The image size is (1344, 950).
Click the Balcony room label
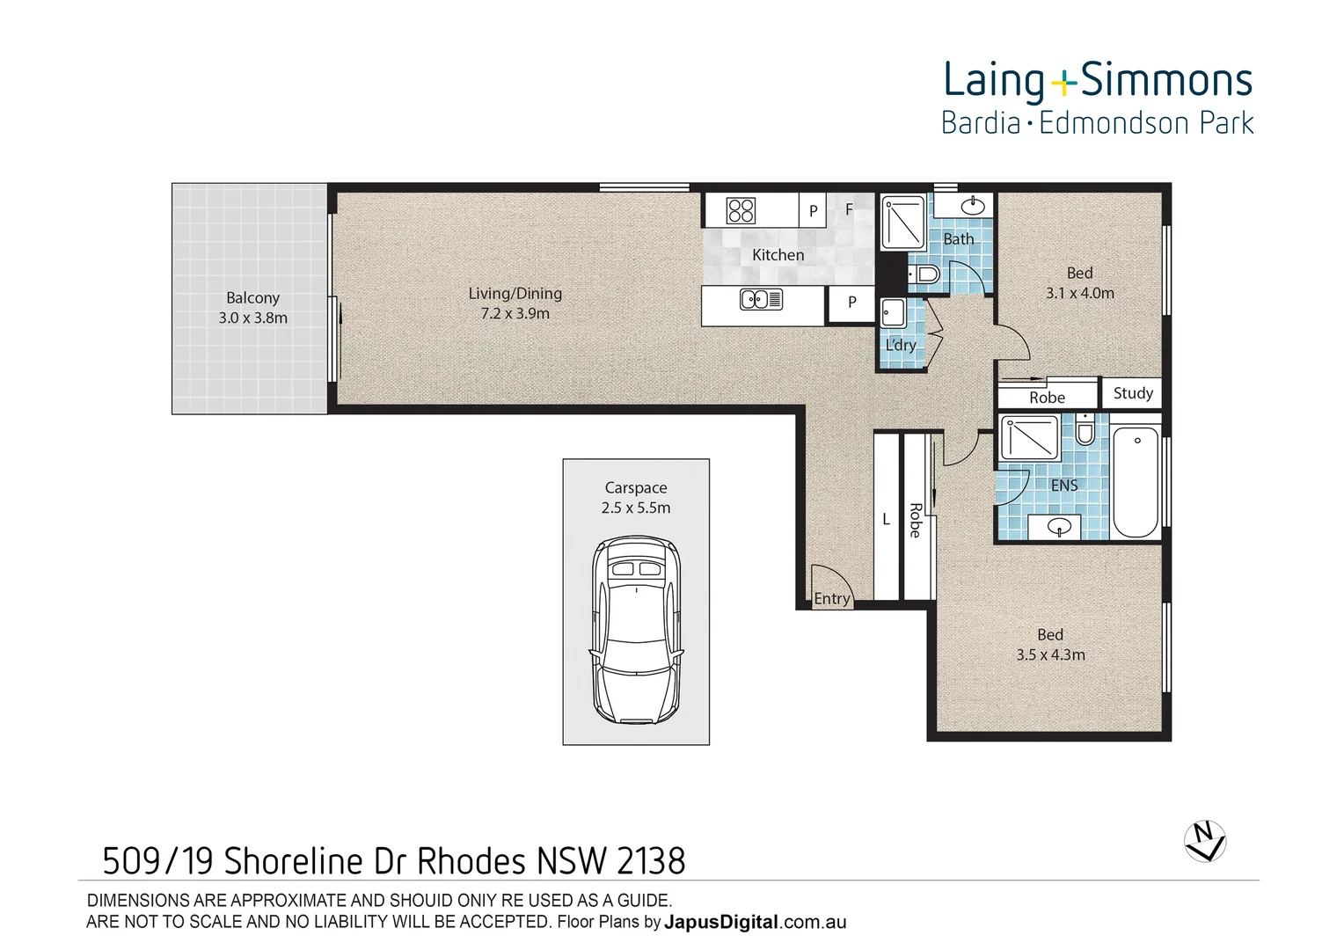click(252, 298)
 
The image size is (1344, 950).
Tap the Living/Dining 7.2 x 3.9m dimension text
click(515, 314)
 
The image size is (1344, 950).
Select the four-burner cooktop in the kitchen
click(741, 210)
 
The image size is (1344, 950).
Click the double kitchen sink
click(761, 300)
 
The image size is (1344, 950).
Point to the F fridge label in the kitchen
click(849, 209)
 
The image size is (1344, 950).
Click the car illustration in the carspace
click(636, 631)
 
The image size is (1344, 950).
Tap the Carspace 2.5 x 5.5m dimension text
click(636, 508)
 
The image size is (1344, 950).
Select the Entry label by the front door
click(831, 599)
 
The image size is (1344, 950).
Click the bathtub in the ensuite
click(1136, 481)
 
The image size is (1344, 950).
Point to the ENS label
click(1064, 486)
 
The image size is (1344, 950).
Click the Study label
click(1133, 393)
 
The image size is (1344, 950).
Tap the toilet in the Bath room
click(923, 276)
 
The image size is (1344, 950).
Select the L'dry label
click(901, 345)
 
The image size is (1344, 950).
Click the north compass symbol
click(1204, 840)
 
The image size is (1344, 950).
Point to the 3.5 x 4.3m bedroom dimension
click(1050, 655)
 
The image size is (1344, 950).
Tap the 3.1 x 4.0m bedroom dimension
click(1079, 294)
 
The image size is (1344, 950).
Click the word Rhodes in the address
click(470, 861)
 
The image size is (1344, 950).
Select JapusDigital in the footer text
click(721, 923)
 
